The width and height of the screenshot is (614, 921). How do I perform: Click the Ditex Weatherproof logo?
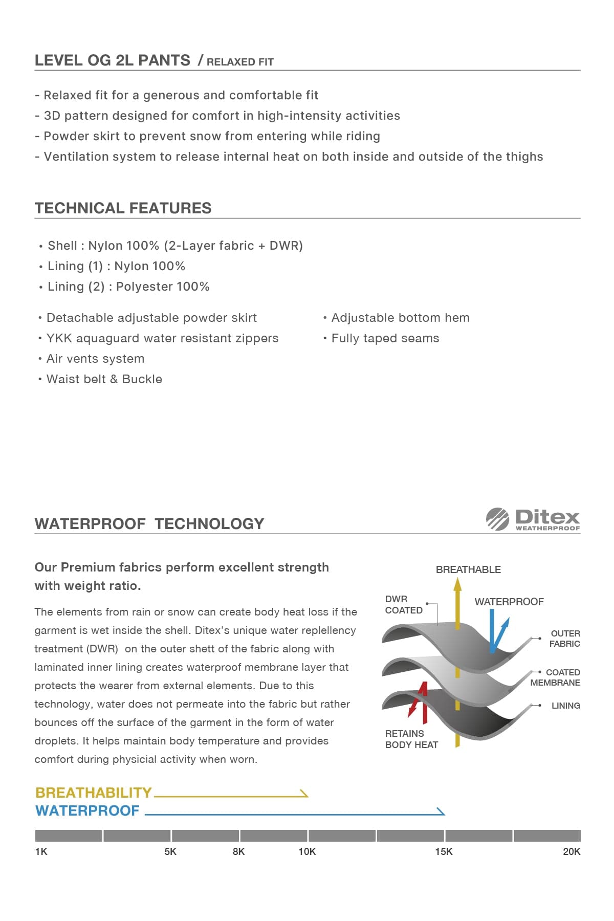coord(533,519)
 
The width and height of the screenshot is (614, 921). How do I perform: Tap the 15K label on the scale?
coord(444,851)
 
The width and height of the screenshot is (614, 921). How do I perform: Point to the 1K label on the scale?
coord(41,851)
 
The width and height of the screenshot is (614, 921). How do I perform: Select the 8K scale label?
coord(238,851)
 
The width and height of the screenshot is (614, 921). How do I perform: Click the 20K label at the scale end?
coord(571,851)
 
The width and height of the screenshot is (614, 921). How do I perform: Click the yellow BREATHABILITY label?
coord(94,793)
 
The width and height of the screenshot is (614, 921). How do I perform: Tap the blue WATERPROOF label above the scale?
coord(87,810)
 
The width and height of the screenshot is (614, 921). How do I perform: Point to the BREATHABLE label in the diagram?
coord(468,569)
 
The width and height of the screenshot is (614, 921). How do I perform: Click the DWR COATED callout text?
coord(403,604)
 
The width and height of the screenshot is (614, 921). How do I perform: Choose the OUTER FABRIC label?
coord(564,639)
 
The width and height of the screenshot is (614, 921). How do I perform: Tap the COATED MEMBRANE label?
coord(556,677)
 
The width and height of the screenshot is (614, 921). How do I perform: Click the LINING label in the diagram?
coord(565,706)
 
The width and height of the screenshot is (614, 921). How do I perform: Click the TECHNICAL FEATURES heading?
coord(123,208)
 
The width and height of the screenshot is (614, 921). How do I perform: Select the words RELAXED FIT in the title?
coord(240,62)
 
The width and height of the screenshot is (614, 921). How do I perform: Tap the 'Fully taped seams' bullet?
coord(385,338)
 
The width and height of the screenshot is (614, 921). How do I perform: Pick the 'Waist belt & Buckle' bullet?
coord(104,379)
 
